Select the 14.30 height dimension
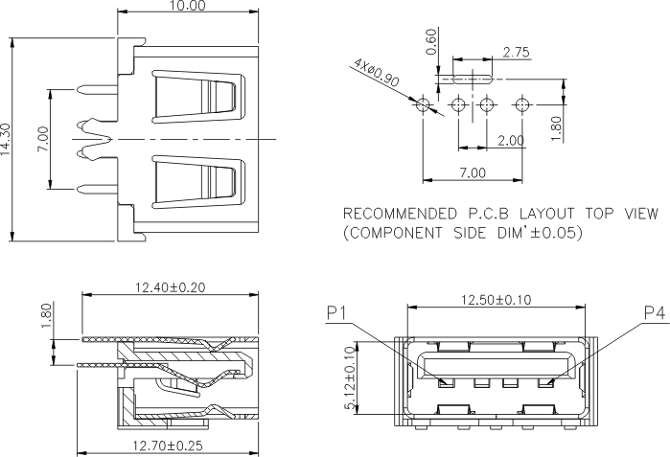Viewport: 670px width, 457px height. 8,140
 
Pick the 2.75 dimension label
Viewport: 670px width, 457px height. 516,54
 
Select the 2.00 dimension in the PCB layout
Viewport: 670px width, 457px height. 510,140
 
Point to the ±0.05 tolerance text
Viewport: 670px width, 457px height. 555,233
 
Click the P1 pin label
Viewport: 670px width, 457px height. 336,312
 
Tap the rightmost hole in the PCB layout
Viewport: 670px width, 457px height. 521,103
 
